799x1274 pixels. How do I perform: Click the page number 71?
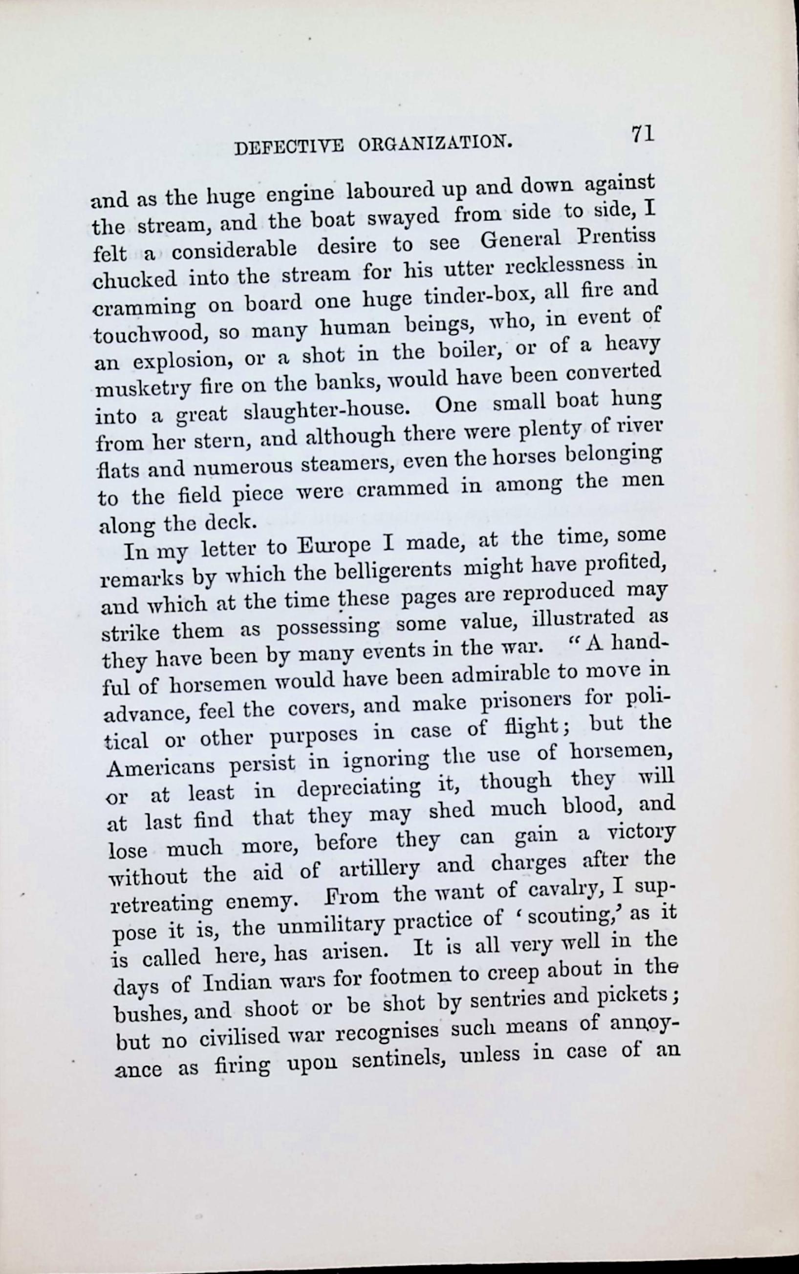(642, 134)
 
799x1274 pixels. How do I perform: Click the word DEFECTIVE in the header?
(288, 148)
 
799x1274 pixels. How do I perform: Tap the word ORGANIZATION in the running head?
(435, 143)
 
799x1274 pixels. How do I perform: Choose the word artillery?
(379, 867)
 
